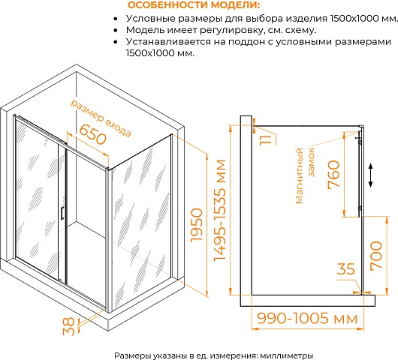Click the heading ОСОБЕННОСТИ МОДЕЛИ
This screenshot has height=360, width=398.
(x=194, y=4)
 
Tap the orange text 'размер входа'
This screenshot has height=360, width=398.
(x=101, y=118)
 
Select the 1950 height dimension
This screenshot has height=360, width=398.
(x=197, y=225)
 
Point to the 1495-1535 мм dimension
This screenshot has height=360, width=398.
(x=220, y=210)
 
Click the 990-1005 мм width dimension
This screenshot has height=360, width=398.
(x=307, y=318)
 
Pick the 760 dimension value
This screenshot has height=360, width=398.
(x=333, y=175)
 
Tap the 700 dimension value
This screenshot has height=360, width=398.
(x=376, y=255)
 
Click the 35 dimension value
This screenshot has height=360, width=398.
(x=345, y=269)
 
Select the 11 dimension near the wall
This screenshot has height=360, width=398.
(x=265, y=140)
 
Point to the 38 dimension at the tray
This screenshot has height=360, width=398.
(x=69, y=326)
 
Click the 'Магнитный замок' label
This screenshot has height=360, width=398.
(x=305, y=175)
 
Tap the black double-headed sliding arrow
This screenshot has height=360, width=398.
(x=370, y=175)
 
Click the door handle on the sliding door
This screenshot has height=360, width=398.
(x=62, y=213)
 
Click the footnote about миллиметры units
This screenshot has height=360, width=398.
(x=214, y=355)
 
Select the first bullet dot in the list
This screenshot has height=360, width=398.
(x=116, y=19)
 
